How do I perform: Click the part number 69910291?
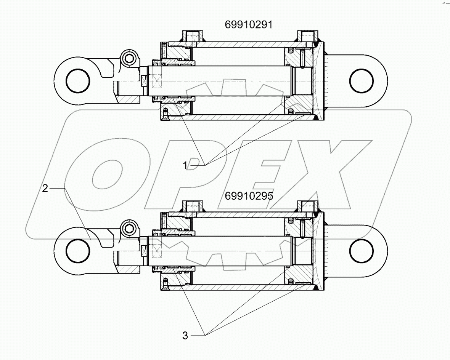click(248, 25)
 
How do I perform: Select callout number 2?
click(45, 188)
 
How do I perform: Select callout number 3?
click(185, 336)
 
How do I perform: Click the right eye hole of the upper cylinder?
click(363, 81)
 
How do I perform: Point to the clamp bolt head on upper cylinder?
click(130, 59)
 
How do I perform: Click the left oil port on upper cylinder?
click(194, 37)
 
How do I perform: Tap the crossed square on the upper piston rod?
click(157, 80)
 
